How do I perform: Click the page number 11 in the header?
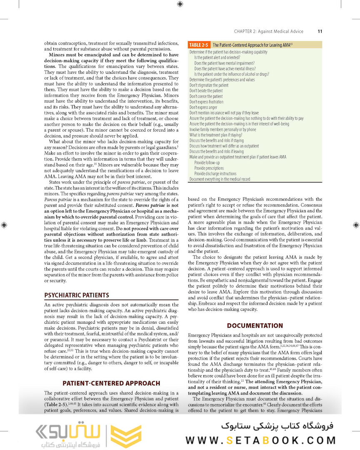point(320,31)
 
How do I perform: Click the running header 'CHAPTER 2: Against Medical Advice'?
point(268,31)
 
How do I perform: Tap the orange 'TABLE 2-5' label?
point(198,45)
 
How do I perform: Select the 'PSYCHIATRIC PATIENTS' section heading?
point(77,295)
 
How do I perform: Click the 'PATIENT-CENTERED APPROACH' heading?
point(111,383)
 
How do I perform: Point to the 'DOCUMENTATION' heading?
point(255,325)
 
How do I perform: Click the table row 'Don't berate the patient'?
point(206,91)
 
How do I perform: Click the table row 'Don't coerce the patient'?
point(206,96)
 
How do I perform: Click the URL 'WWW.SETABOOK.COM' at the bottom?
point(260,440)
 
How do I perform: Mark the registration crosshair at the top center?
point(180,4)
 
